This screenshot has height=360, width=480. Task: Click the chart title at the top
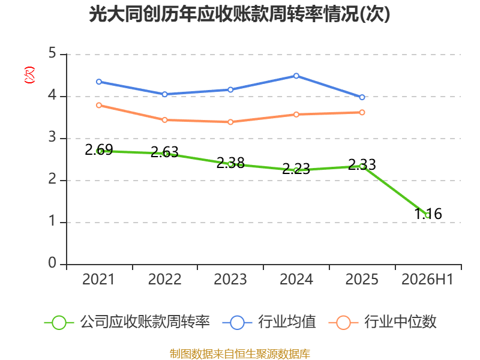click(x=239, y=14)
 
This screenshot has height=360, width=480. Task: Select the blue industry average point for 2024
click(x=296, y=76)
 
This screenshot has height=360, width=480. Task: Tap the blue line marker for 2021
click(x=99, y=82)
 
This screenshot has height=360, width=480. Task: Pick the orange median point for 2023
click(x=230, y=122)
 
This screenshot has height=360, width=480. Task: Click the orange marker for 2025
click(x=362, y=112)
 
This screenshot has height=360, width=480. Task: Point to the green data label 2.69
click(x=99, y=149)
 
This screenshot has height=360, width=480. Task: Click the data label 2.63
click(x=164, y=152)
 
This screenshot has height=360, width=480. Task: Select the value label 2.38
click(x=230, y=163)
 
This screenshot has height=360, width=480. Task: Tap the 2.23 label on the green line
click(x=296, y=169)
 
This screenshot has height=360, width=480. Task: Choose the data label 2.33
click(x=362, y=164)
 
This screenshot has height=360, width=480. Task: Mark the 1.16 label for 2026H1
click(x=428, y=214)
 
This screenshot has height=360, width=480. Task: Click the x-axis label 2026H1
click(x=427, y=279)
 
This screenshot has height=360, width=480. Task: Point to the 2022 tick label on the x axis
click(x=164, y=279)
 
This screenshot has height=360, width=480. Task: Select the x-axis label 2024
click(x=296, y=279)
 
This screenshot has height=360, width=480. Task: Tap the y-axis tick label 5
click(x=52, y=53)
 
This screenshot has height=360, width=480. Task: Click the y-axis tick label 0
click(x=52, y=263)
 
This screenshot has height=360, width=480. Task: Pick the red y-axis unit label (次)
click(x=29, y=75)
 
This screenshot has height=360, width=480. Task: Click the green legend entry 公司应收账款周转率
click(x=127, y=322)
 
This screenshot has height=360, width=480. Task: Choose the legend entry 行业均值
click(x=269, y=322)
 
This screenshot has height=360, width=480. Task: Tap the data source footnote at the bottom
click(x=240, y=354)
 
